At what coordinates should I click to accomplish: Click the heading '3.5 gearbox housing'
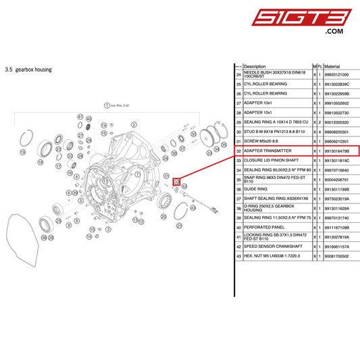28,69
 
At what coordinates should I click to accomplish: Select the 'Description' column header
255,66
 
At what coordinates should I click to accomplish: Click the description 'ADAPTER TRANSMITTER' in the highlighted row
267,151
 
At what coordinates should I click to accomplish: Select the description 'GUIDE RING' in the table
256,190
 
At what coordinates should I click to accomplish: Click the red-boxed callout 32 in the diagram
176,181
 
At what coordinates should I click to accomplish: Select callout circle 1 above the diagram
106,105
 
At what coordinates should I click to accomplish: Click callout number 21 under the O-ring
179,225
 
